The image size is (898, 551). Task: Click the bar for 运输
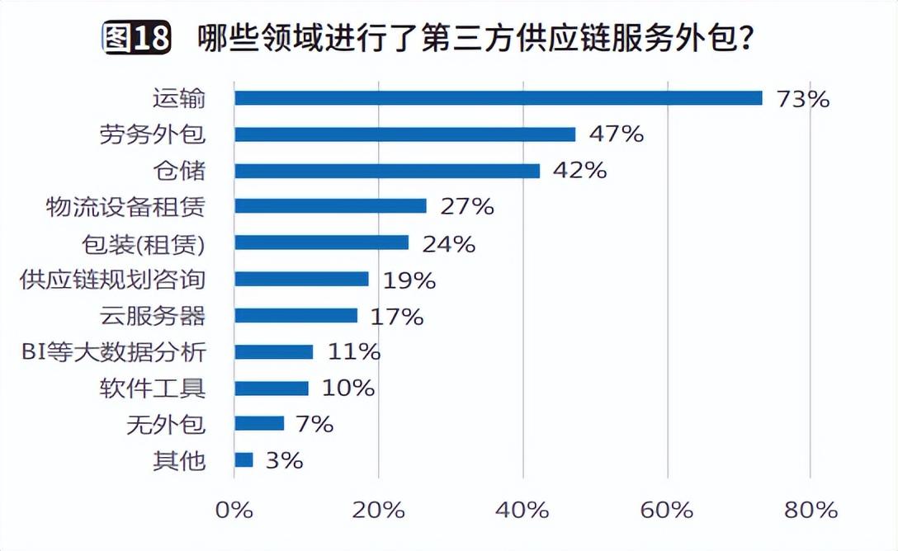[498, 98]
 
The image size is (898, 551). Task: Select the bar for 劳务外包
[404, 134]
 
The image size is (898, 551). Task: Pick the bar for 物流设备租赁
[330, 206]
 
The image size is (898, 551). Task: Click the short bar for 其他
[243, 460]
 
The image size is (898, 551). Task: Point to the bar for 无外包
[259, 424]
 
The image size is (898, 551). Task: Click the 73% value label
[802, 99]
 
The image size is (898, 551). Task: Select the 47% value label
[616, 134]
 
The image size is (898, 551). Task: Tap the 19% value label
[409, 280]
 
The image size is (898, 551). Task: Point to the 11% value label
[353, 352]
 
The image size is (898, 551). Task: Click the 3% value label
[285, 460]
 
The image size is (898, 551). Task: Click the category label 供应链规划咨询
[112, 280]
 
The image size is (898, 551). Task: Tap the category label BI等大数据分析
[113, 352]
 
